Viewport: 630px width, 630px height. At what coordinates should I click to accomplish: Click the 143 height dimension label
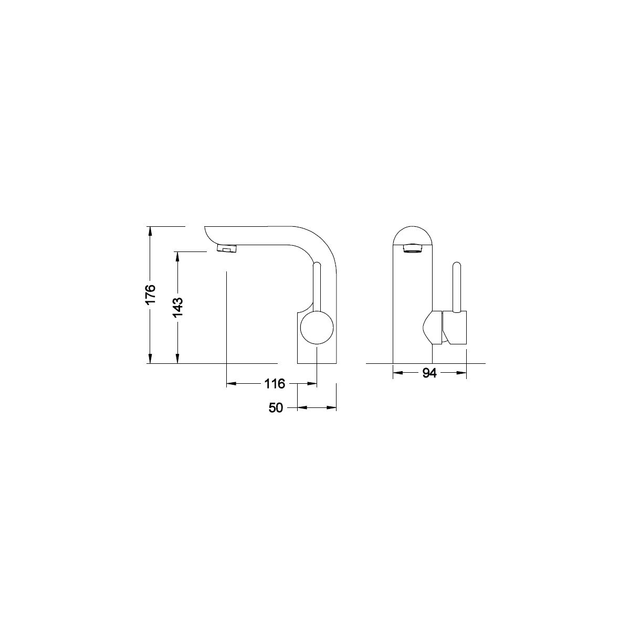178,307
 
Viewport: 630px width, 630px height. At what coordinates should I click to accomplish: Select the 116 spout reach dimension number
275,383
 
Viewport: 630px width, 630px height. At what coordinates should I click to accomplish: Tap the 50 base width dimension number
276,408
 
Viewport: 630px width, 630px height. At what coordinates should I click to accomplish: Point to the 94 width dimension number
429,373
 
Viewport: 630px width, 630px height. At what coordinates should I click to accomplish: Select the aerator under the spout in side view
227,249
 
